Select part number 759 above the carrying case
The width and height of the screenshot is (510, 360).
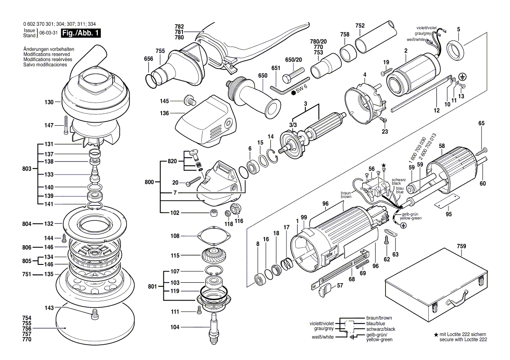[461, 246]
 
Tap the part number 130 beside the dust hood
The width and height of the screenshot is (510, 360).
[48, 102]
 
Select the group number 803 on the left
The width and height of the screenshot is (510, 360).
[28, 168]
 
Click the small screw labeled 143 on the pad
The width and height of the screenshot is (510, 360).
[93, 314]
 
